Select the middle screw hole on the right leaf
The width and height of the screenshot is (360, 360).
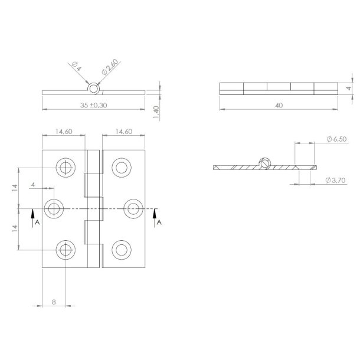point(133,208)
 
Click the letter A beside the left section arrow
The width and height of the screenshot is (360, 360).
point(37,222)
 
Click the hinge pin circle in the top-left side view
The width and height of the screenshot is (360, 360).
point(94,88)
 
